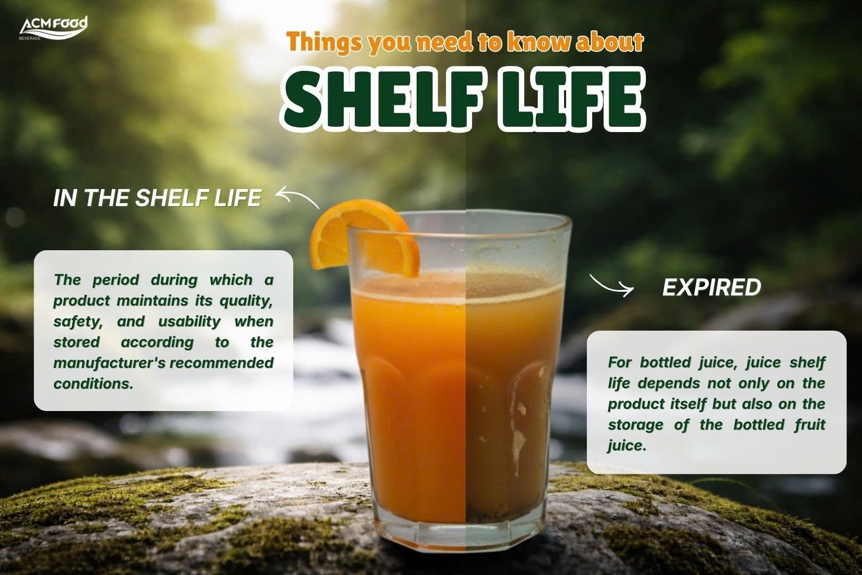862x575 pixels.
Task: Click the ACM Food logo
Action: coord(53,28)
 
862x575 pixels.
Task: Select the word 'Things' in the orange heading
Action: coord(324,43)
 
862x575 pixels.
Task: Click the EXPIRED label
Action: coord(711,287)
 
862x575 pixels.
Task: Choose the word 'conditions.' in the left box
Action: coord(93,383)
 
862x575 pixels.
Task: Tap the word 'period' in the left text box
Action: coord(116,281)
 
